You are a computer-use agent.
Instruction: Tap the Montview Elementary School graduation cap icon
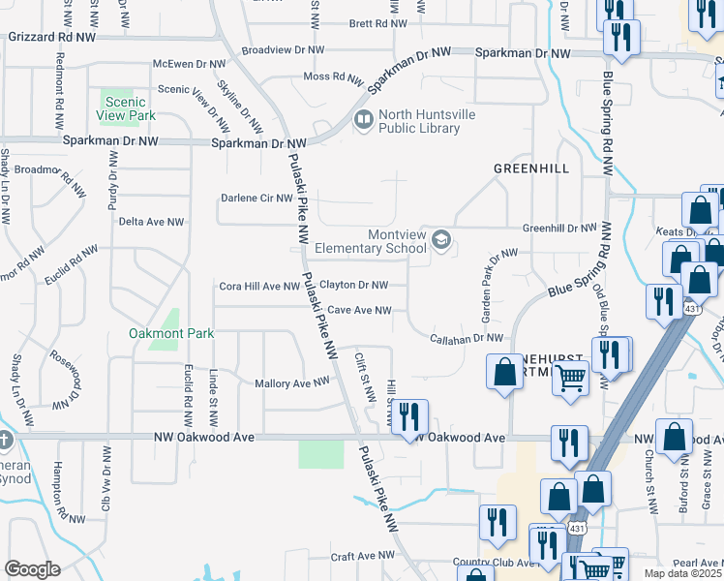click(441, 239)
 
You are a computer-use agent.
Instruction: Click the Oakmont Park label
click(170, 334)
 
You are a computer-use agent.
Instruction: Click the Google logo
click(32, 569)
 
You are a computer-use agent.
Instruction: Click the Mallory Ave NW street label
click(291, 383)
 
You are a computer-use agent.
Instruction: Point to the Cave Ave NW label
click(359, 311)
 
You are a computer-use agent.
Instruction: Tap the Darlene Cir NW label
click(256, 199)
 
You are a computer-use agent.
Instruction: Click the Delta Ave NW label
click(151, 222)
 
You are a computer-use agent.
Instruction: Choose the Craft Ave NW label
click(363, 557)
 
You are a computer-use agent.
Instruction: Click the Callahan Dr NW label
click(468, 338)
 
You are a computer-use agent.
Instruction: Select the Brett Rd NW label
click(373, 23)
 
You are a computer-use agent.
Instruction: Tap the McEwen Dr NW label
click(189, 64)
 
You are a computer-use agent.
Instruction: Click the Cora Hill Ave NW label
click(260, 287)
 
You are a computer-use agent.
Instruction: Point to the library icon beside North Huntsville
click(364, 121)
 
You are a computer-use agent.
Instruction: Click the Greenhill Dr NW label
click(559, 229)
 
